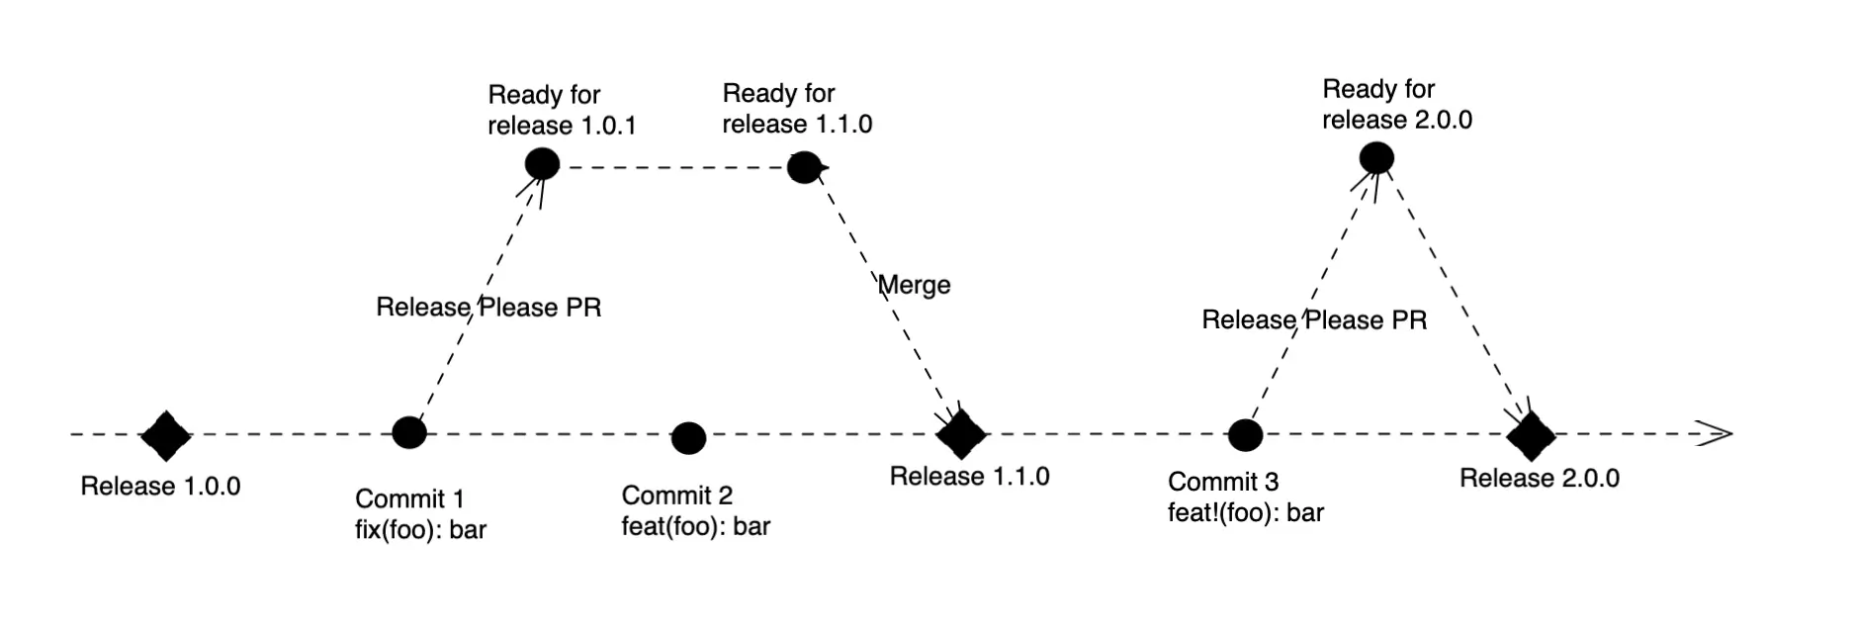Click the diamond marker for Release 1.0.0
[x=165, y=435]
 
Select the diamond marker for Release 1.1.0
[x=961, y=432]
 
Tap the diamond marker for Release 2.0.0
[x=1531, y=435]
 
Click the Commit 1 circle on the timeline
[x=409, y=432]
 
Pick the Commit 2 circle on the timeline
[x=688, y=437]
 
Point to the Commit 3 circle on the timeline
[x=1245, y=434]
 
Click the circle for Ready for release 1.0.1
[x=542, y=163]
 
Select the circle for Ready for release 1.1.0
[x=804, y=167]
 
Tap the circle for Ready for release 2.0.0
[x=1376, y=158]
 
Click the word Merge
[x=915, y=285]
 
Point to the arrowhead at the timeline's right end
[x=1719, y=433]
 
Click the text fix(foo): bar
[x=420, y=530]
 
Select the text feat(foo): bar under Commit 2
[x=695, y=526]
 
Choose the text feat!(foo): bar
[x=1245, y=512]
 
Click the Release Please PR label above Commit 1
[x=488, y=308]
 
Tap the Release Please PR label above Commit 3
[x=1314, y=320]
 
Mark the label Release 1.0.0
[x=160, y=487]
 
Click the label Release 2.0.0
[x=1539, y=479]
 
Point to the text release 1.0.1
[x=562, y=127]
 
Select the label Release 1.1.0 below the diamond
[x=969, y=477]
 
